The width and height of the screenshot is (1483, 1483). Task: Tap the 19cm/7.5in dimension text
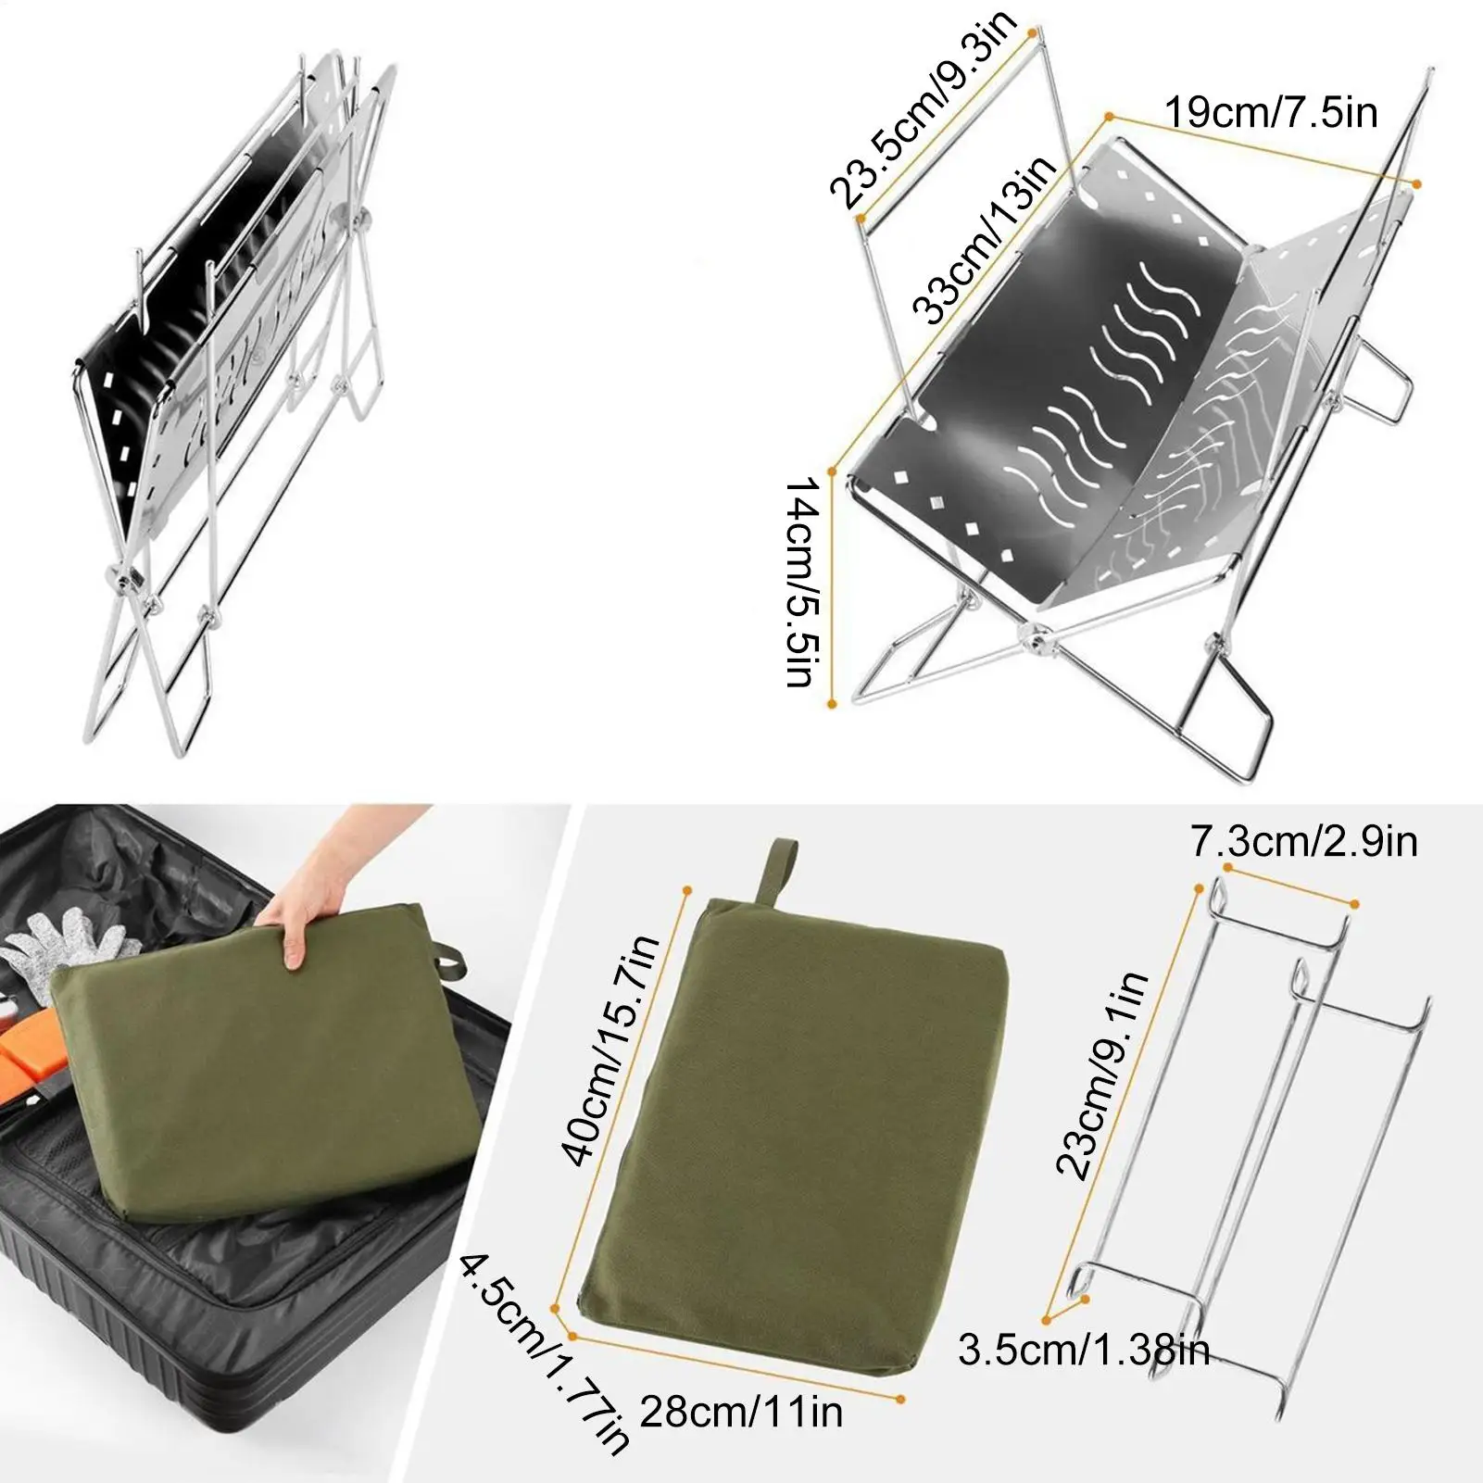(1270, 113)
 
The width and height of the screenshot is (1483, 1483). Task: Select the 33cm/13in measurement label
(983, 239)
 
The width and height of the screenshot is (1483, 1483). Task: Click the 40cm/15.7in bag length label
(611, 1049)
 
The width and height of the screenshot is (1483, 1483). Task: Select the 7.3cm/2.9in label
(1304, 842)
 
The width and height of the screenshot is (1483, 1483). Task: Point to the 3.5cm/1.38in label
(1084, 1351)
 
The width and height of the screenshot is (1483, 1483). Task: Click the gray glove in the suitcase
(65, 945)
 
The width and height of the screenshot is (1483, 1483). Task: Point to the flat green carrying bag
(787, 1149)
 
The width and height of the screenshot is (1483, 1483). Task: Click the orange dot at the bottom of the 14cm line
(832, 704)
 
